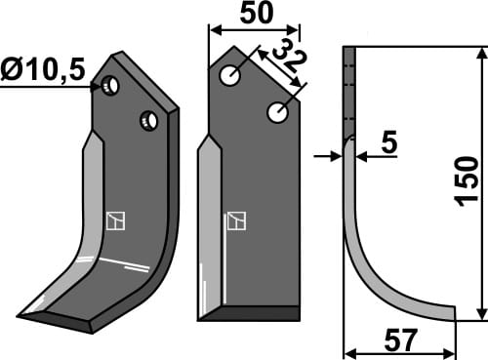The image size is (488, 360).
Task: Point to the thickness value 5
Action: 389,144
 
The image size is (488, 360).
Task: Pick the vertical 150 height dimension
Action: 468,179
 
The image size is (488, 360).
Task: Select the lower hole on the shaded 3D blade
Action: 148,120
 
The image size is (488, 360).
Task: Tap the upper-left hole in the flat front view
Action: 230,76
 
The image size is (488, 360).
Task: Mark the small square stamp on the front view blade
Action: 235,221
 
